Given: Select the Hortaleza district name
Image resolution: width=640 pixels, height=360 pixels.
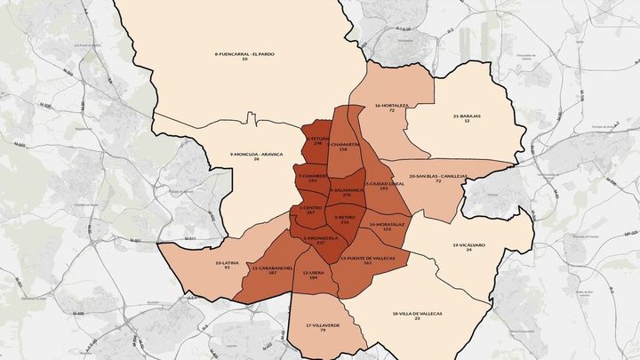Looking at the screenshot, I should pyautogui.click(x=390, y=105).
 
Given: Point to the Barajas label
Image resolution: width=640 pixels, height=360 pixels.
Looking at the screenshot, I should pyautogui.click(x=468, y=116).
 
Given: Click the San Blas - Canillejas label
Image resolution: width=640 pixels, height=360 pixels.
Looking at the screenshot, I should pyautogui.click(x=436, y=175).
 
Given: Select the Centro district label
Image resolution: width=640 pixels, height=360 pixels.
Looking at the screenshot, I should pyautogui.click(x=310, y=209).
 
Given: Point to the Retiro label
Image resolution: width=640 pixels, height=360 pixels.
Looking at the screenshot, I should pyautogui.click(x=345, y=216).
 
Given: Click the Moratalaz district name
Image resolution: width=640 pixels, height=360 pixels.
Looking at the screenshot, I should pyautogui.click(x=386, y=224).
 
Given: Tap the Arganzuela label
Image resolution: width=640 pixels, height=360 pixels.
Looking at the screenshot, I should pyautogui.click(x=320, y=238).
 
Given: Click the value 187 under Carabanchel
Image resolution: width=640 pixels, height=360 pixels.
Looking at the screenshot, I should pyautogui.click(x=272, y=273).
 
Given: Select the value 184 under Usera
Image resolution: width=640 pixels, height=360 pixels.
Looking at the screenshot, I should pyautogui.click(x=314, y=278).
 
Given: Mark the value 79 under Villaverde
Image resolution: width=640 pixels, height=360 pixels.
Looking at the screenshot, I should pyautogui.click(x=322, y=331).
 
